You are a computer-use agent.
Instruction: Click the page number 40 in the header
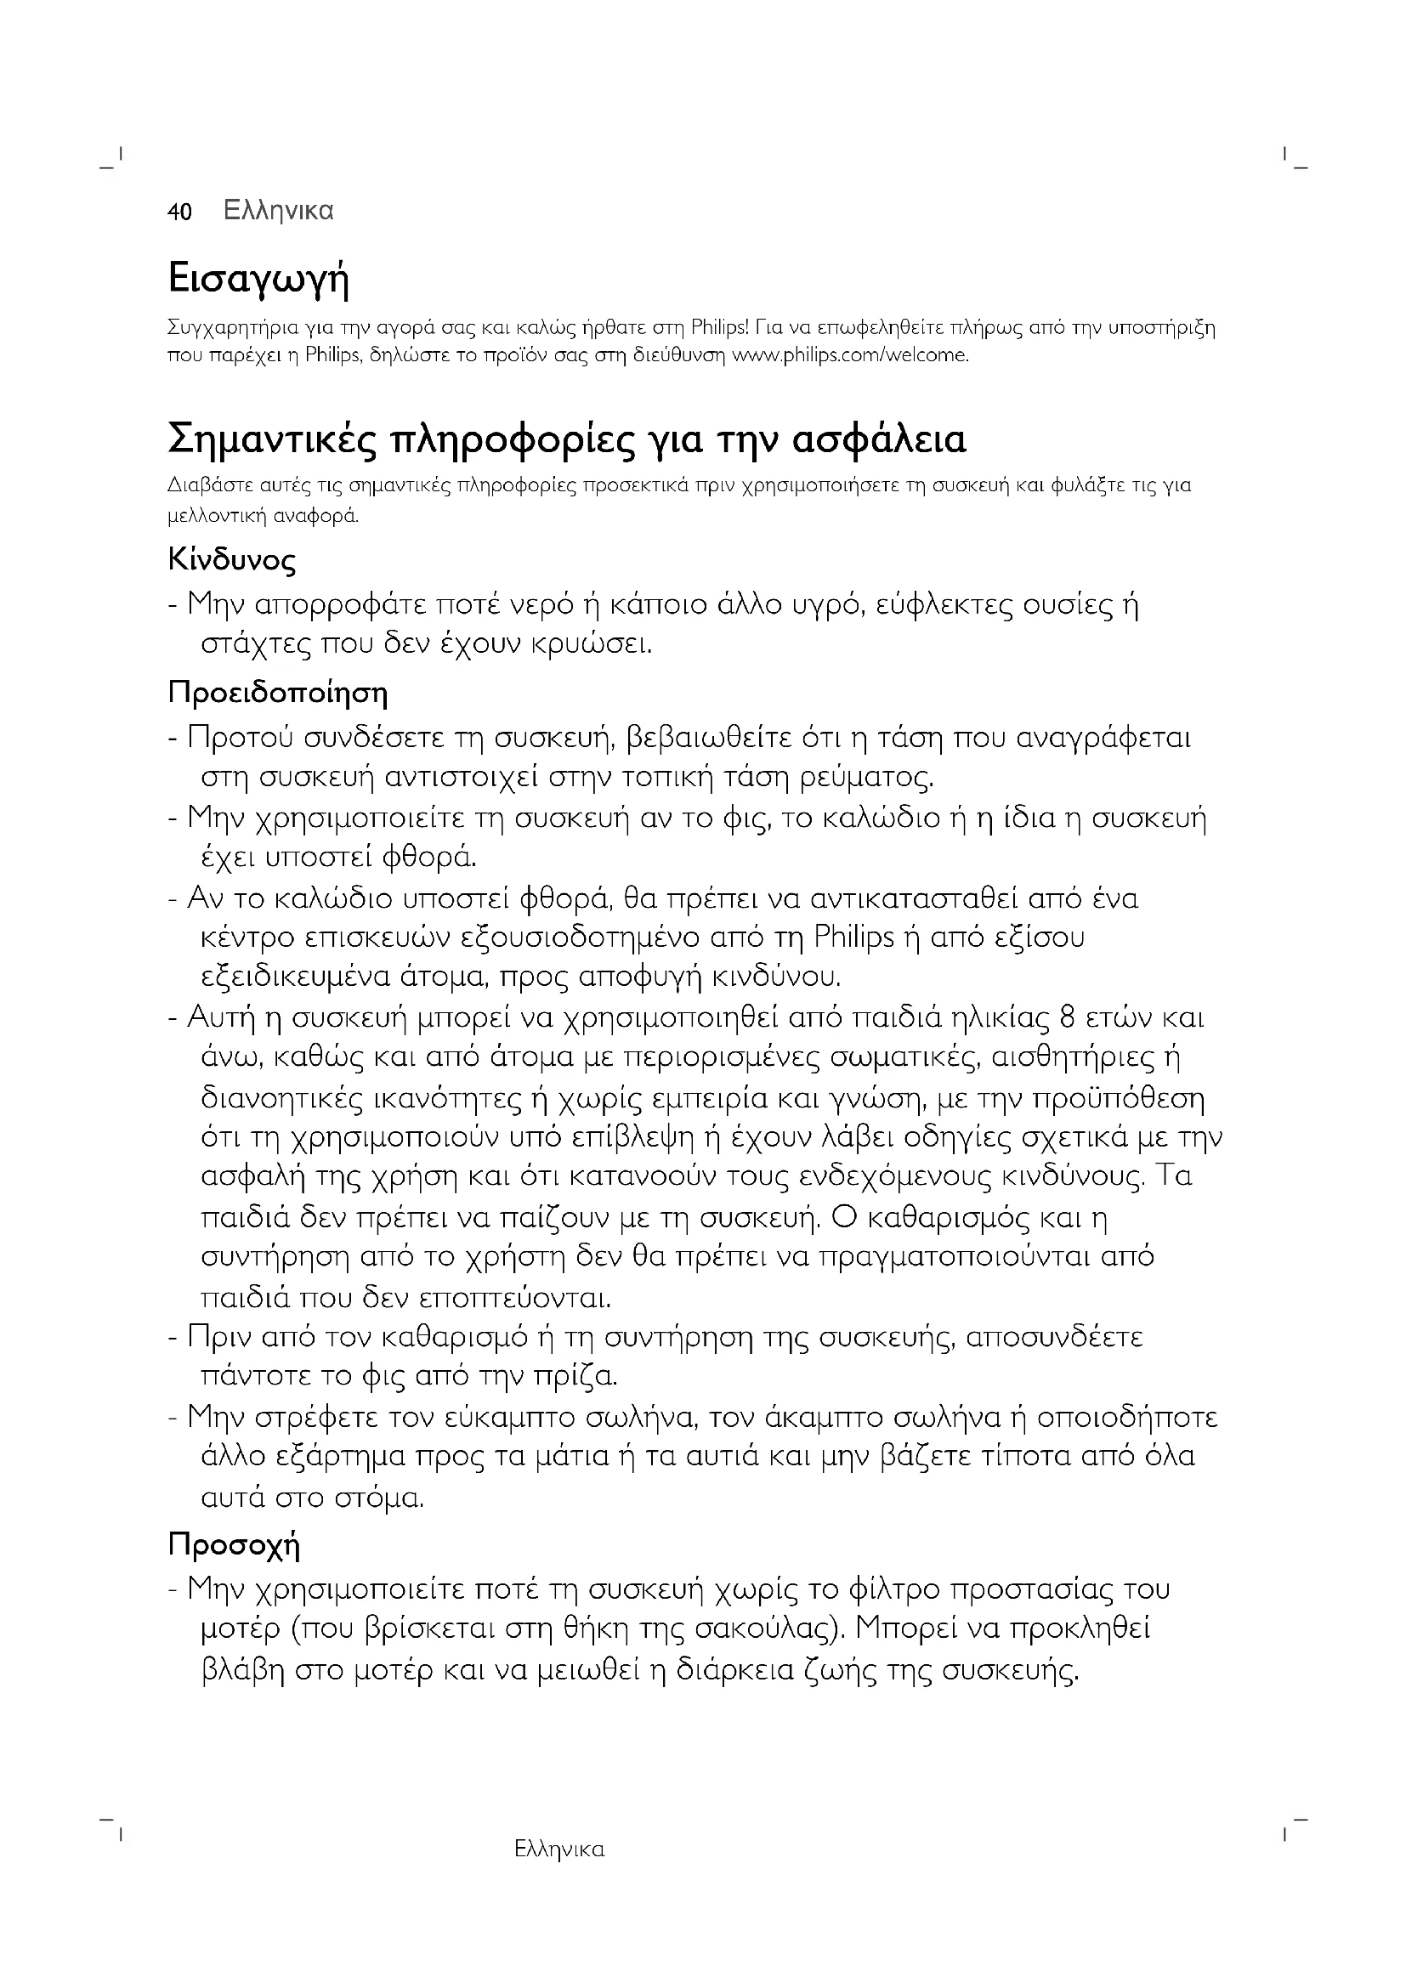pyautogui.click(x=179, y=212)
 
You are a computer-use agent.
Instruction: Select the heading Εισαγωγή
pyautogui.click(x=258, y=279)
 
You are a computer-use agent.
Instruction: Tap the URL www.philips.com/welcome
pyautogui.click(x=850, y=355)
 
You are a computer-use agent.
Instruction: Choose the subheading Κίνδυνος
pyautogui.click(x=232, y=559)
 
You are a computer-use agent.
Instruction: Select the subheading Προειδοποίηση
pyautogui.click(x=278, y=693)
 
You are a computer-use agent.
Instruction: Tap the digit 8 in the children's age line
pyautogui.click(x=1068, y=1018)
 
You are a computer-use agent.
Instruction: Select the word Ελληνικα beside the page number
pyautogui.click(x=278, y=212)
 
